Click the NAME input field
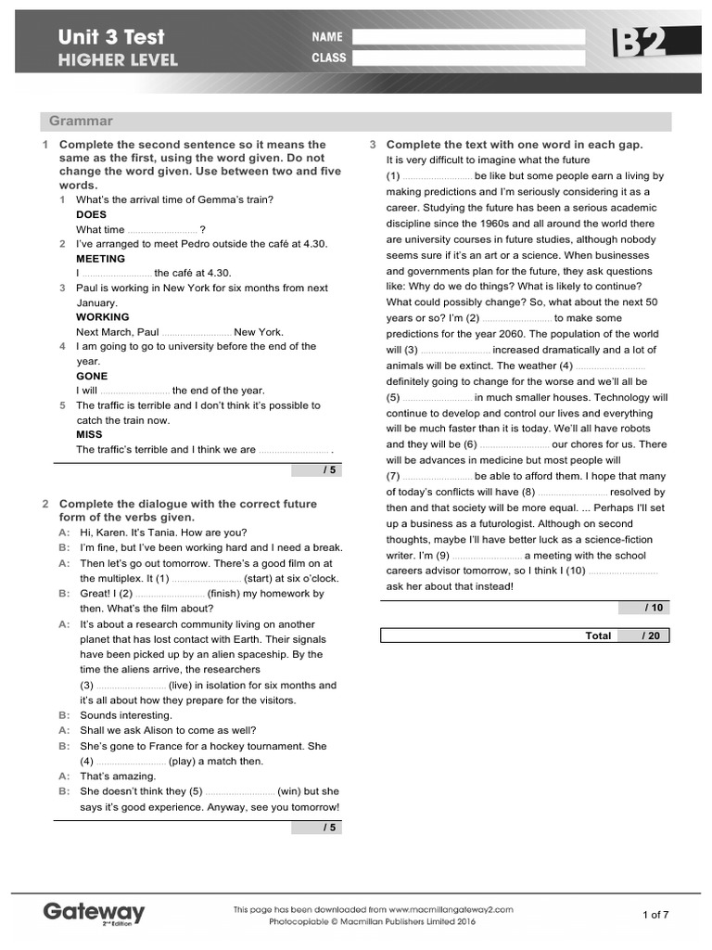[x=469, y=37]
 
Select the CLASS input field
[x=469, y=58]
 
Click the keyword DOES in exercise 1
[x=91, y=214]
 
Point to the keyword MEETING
[x=101, y=259]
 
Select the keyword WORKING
[x=102, y=317]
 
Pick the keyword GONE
[x=92, y=376]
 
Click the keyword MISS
[x=89, y=434]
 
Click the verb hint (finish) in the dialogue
[x=228, y=593]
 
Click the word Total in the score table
[x=598, y=635]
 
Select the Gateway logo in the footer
[x=94, y=913]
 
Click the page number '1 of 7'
[x=655, y=915]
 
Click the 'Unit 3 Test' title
[x=111, y=37]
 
